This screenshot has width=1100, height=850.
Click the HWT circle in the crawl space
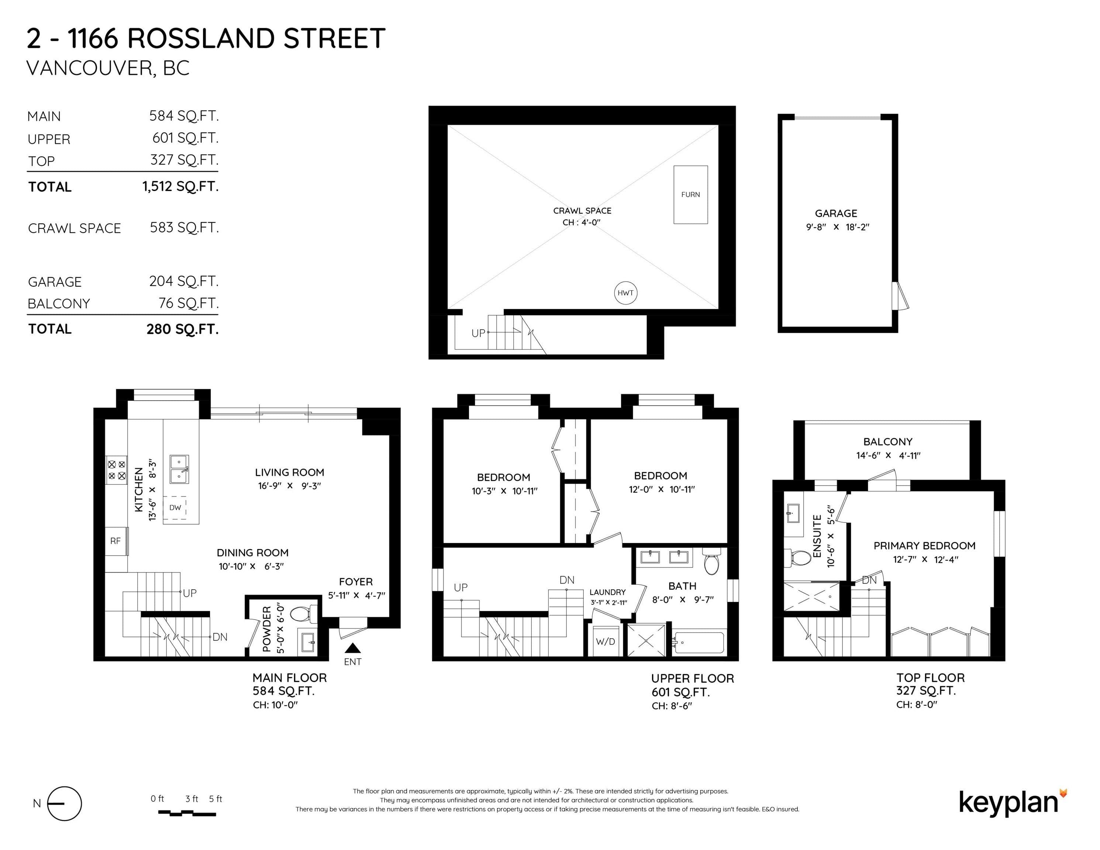point(625,293)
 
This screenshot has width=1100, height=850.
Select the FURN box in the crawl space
point(690,194)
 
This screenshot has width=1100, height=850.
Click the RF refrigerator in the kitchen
point(116,541)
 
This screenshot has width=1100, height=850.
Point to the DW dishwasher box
point(175,508)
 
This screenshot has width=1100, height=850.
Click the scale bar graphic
point(187,813)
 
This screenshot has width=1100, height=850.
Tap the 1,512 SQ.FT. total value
point(180,187)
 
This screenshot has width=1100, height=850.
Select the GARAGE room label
point(836,214)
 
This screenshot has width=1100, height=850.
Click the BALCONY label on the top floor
point(887,442)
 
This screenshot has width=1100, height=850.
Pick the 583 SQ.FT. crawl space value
point(184,228)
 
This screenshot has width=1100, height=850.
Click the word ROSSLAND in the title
point(200,39)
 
